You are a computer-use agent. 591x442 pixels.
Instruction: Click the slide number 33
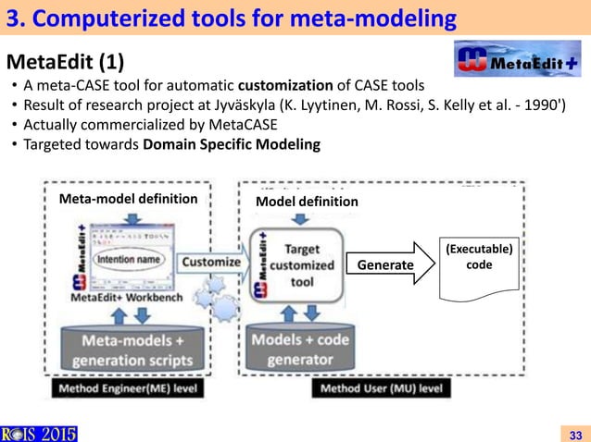pos(573,434)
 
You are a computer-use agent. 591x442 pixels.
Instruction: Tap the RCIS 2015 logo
pos(39,433)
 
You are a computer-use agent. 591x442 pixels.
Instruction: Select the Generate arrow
pos(388,264)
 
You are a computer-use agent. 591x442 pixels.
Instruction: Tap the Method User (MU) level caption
pos(382,388)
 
